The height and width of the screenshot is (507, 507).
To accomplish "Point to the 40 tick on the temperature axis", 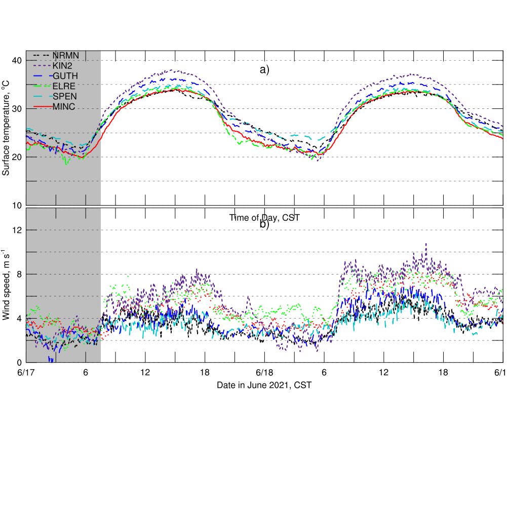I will [x=16, y=61].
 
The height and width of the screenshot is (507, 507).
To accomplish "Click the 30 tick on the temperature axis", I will [x=16, y=109].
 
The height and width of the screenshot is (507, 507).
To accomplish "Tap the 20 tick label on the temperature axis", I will [x=16, y=157].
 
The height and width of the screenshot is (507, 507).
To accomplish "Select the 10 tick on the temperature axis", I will [x=16, y=205].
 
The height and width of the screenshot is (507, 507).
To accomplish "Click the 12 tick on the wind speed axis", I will [x=16, y=230].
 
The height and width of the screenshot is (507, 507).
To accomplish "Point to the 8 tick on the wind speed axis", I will [x=18, y=274].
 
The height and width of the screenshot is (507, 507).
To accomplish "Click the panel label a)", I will [x=265, y=70].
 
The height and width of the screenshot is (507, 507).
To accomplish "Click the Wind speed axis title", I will [x=6, y=284].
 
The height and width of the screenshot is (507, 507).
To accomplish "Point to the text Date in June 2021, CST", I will [x=264, y=385].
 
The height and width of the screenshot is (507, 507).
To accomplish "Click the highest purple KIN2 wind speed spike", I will [x=426, y=244].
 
